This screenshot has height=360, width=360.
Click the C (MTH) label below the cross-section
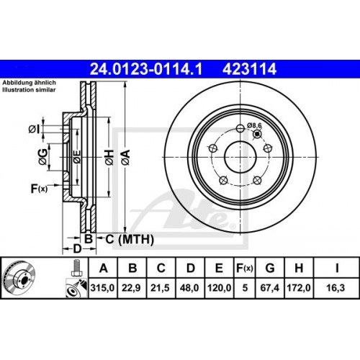point(120,238)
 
